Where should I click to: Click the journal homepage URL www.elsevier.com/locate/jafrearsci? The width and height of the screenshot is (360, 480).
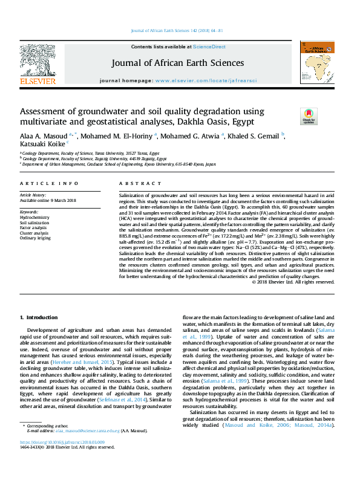(206, 80)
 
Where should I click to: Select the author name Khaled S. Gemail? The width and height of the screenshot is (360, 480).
(255, 135)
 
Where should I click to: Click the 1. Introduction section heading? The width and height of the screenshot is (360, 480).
(39, 317)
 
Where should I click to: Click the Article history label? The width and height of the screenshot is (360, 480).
(34, 196)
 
